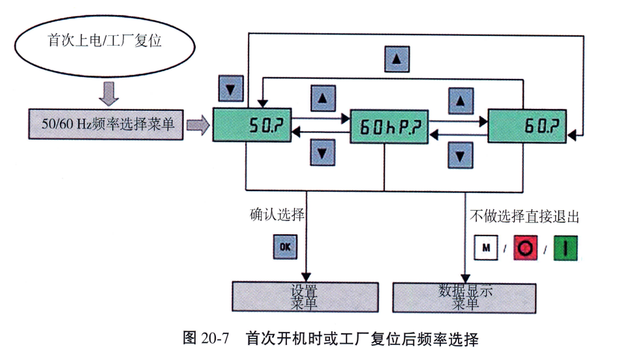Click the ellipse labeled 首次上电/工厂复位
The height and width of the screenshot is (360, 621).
click(x=105, y=42)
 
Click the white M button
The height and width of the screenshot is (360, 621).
click(x=485, y=248)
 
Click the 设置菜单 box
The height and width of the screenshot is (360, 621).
click(x=305, y=297)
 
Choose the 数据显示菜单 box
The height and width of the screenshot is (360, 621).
click(x=465, y=297)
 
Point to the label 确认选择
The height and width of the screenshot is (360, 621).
click(x=277, y=215)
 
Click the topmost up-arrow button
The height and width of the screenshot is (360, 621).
click(x=395, y=60)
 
